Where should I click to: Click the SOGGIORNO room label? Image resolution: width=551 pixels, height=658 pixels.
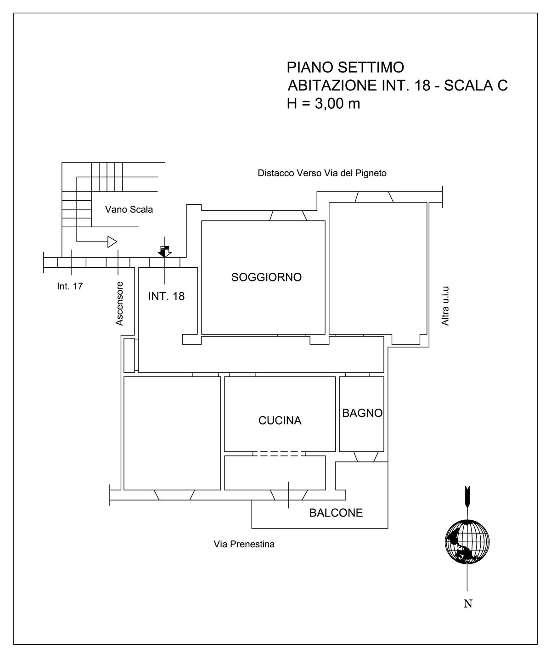point(266,277)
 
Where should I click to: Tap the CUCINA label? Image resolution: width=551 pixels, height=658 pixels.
point(280,421)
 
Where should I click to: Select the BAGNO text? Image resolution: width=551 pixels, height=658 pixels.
point(362,413)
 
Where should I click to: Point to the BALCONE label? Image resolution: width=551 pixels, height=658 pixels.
point(336,513)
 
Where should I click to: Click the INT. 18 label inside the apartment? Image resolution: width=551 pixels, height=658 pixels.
point(166,296)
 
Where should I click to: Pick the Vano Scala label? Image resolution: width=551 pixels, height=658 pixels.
point(129,209)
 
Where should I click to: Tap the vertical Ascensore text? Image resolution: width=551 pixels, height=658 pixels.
point(119,304)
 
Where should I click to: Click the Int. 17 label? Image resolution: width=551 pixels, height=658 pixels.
point(70,286)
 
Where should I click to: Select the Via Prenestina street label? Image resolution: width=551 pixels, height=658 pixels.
point(244,544)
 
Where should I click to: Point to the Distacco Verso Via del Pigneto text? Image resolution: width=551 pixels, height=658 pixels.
point(322,173)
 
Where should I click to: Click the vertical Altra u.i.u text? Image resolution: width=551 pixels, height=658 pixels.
point(445,306)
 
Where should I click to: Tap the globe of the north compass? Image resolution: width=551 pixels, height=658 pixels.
point(467,542)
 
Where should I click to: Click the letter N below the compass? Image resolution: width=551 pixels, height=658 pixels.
point(468,604)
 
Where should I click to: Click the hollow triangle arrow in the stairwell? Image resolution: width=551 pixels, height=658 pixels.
point(112,242)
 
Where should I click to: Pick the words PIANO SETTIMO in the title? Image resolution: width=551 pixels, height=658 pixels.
point(345,67)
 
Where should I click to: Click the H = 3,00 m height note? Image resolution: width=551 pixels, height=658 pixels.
point(323,103)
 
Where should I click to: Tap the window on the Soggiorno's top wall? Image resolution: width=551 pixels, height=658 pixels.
point(288,216)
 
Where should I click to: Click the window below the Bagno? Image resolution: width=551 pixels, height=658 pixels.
point(365,456)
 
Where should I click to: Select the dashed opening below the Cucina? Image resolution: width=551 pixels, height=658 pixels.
point(279,454)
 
